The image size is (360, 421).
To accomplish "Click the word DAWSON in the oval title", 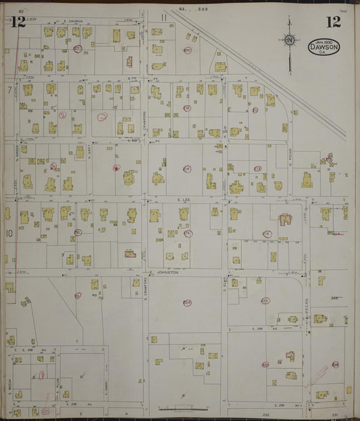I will tap(324, 48).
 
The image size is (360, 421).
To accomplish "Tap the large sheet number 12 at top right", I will tap(332, 22).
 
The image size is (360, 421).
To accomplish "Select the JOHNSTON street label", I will tap(166, 273).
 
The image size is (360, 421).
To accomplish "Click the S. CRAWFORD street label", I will tap(145, 286).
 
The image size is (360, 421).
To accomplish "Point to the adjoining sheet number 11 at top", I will tap(164, 16).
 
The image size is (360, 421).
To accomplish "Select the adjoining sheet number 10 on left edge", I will tap(9, 233).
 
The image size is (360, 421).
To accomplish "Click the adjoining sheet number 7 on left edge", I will tap(9, 89).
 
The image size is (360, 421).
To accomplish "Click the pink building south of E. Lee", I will tap(283, 220).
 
